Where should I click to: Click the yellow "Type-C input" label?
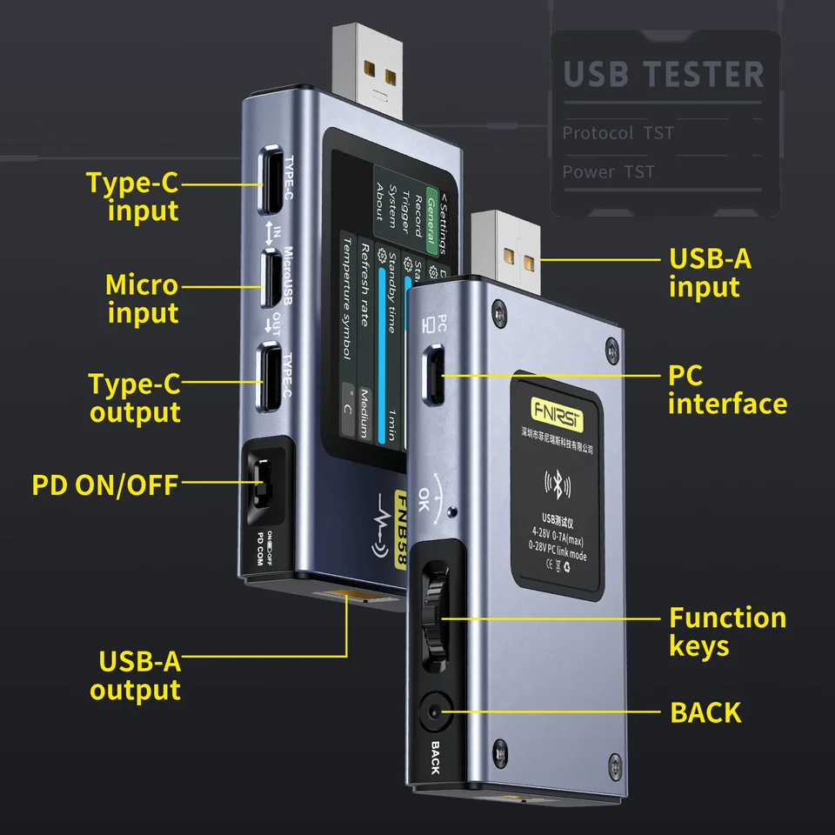pos(132,197)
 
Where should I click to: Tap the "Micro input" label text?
pos(142,298)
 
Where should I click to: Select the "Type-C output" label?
pos(135,397)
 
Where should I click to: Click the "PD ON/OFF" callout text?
pos(104,484)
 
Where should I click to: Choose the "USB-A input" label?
pos(710,272)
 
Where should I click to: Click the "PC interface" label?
pos(726,390)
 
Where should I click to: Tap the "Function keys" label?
pos(726,631)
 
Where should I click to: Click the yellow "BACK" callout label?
pos(705,712)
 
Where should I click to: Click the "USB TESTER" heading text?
pos(664,75)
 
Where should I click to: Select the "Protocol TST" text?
pos(618,133)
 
